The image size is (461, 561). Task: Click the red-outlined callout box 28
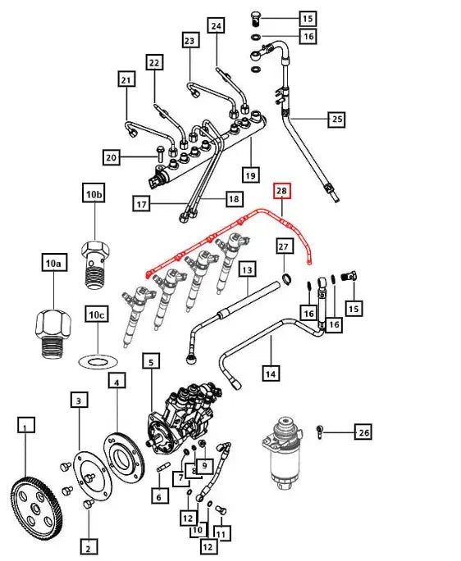point(281,192)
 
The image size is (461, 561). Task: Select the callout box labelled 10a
point(53,263)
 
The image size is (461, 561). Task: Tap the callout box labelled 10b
point(94,193)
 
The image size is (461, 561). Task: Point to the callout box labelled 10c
point(97,314)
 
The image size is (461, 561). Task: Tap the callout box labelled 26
point(364,432)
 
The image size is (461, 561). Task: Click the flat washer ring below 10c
point(98,360)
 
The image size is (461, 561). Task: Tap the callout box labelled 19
point(251,174)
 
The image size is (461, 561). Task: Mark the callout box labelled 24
point(217,26)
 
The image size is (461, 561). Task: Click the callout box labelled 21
point(126,79)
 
